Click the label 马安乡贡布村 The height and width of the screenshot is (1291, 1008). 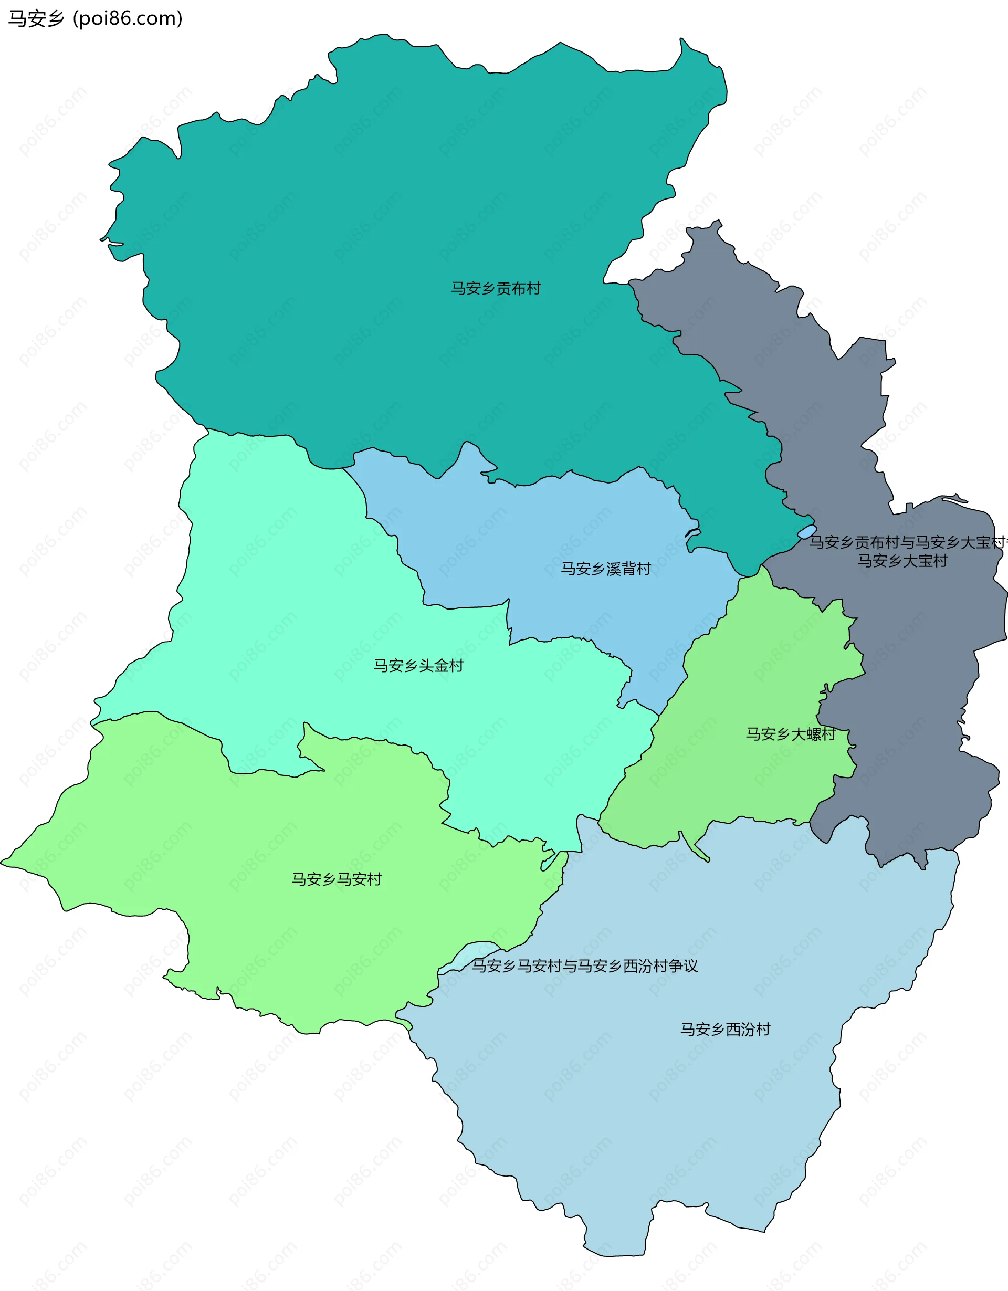[496, 288]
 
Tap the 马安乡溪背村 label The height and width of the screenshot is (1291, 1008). [605, 569]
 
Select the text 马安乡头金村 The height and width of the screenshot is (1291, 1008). [418, 666]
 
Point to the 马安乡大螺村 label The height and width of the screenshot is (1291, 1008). [790, 734]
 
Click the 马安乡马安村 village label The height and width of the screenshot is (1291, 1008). [336, 879]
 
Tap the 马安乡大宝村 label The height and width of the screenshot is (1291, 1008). [902, 560]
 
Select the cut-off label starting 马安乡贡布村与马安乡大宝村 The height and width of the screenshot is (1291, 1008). [908, 542]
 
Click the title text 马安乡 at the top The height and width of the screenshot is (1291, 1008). [36, 19]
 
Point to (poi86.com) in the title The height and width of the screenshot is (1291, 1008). [127, 19]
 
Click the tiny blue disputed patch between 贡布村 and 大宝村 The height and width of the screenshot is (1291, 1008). [806, 532]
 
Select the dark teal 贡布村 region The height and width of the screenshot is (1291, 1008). [414, 207]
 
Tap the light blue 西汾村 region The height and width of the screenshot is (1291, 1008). [680, 1123]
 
